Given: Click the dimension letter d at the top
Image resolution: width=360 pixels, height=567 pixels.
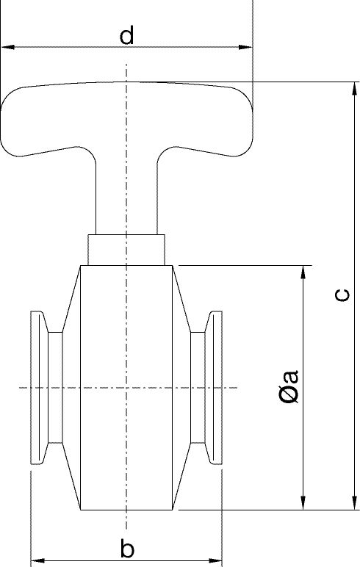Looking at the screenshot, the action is pyautogui.click(x=126, y=35).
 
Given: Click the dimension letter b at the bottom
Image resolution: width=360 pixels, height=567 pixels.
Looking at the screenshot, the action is pyautogui.click(x=127, y=548).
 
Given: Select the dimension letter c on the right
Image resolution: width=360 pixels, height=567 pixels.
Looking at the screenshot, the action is pyautogui.click(x=342, y=295).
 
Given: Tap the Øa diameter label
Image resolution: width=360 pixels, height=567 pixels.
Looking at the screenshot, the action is pyautogui.click(x=289, y=386).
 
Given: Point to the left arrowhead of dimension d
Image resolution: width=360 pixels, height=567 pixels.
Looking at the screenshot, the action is pyautogui.click(x=8, y=47).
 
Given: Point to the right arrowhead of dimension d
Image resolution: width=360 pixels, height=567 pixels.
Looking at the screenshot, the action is pyautogui.click(x=245, y=47).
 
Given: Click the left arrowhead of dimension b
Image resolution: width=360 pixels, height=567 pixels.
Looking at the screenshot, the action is pyautogui.click(x=37, y=561).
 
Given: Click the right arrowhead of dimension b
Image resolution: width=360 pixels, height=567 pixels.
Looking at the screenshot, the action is pyautogui.click(x=215, y=561).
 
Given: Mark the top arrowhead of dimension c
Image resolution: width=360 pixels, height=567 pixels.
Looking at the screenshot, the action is pyautogui.click(x=355, y=89).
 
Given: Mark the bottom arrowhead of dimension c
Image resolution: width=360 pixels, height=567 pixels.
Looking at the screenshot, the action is pyautogui.click(x=355, y=503).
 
